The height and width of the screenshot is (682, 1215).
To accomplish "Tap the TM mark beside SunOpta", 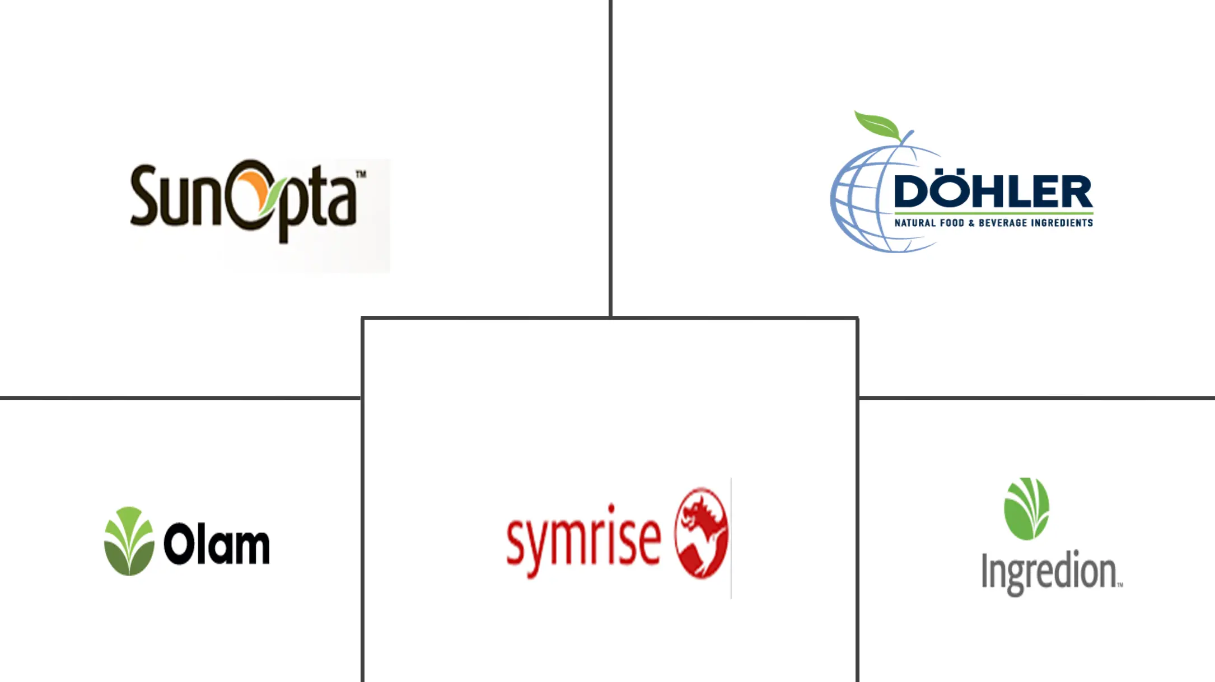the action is pos(361,174).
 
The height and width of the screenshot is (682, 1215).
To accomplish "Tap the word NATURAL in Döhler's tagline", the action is pos(915,223).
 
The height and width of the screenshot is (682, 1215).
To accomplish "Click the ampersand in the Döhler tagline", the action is pos(971,223).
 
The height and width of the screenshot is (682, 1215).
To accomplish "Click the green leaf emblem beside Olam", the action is pos(129,541).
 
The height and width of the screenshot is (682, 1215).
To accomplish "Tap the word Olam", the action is pos(216,543).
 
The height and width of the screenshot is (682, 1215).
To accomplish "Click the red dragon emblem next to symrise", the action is pos(701,532).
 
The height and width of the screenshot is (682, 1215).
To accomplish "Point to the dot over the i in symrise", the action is pos(611,508).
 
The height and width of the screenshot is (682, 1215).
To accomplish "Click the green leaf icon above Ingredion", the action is pos(1026,508).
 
